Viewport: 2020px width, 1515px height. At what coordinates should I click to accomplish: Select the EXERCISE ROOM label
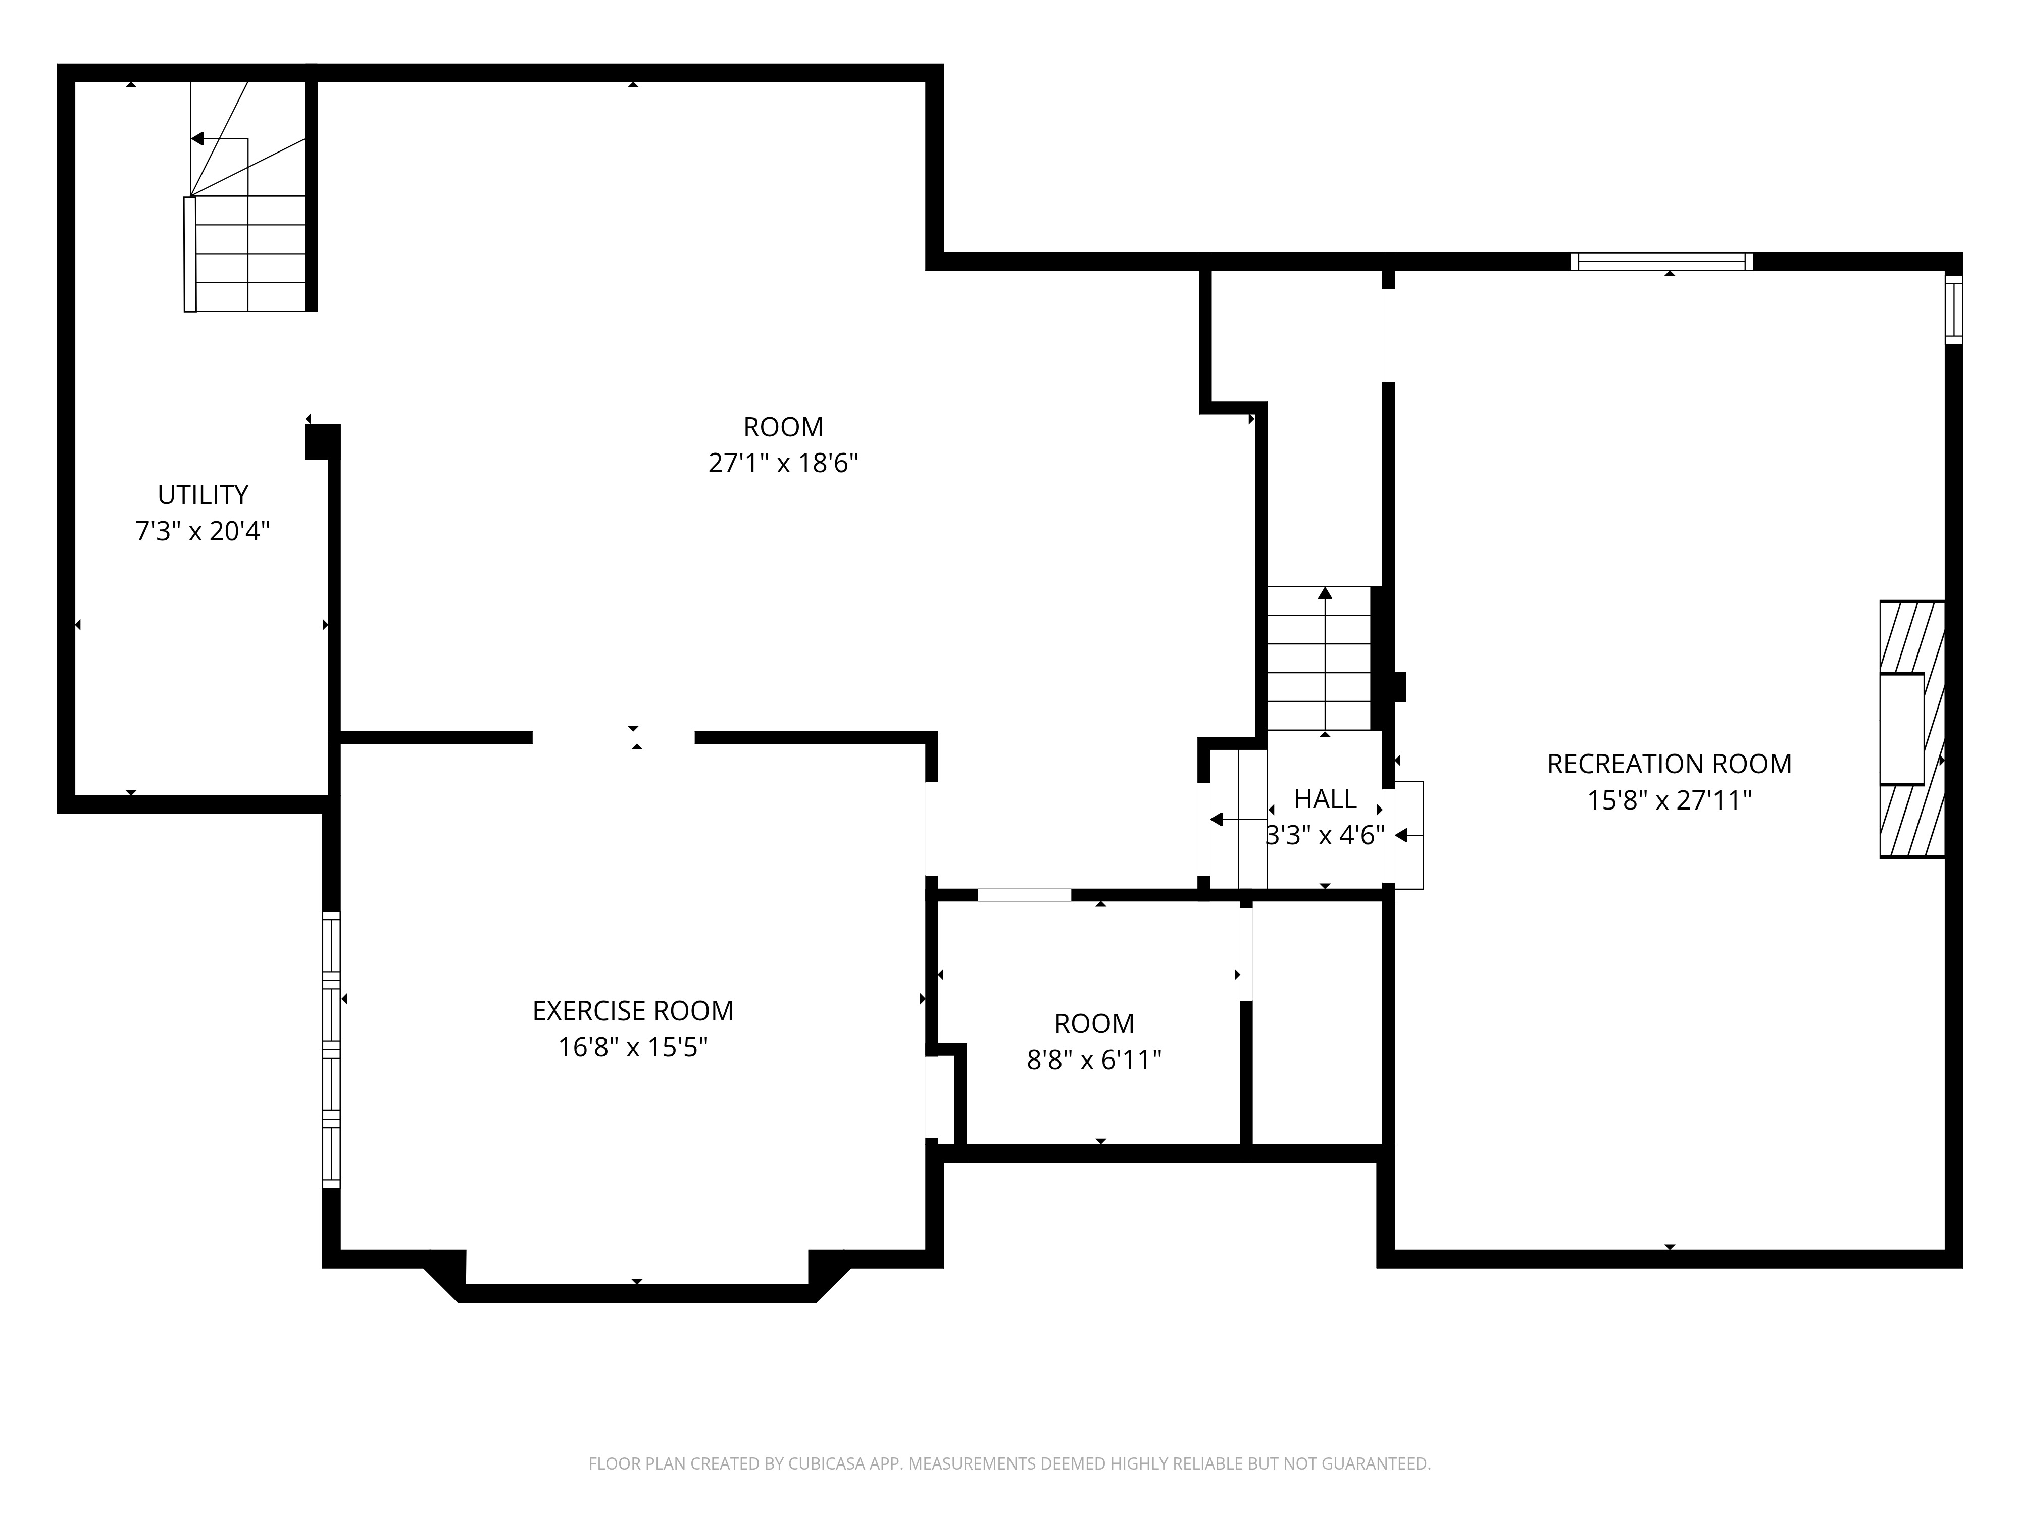[x=633, y=1011]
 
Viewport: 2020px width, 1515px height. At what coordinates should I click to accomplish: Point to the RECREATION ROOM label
[x=1670, y=764]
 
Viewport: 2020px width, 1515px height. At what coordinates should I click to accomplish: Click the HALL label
[x=1325, y=799]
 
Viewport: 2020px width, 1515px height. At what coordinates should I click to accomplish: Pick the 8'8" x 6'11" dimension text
[x=1094, y=1059]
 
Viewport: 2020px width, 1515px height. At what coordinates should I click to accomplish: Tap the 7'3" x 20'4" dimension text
[x=203, y=531]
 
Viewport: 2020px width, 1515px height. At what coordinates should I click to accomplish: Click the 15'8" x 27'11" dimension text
[x=1670, y=800]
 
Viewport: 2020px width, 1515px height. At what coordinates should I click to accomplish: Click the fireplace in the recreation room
[x=1911, y=729]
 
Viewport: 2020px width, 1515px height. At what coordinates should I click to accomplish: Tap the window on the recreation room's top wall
[x=1662, y=261]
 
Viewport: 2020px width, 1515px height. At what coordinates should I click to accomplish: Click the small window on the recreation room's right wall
[x=1953, y=310]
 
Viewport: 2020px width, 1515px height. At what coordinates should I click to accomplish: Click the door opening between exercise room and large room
[x=614, y=738]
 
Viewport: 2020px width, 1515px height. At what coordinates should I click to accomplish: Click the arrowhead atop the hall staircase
[x=1325, y=593]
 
